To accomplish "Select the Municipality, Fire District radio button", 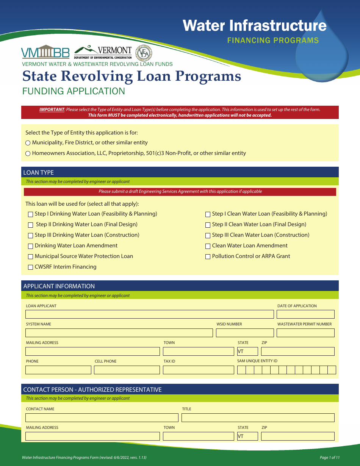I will [x=28, y=143].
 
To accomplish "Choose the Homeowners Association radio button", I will [x=28, y=153].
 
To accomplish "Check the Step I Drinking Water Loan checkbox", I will [x=31, y=214].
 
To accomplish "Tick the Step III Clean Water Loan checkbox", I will [x=208, y=235].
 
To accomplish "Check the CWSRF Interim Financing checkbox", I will [x=31, y=267].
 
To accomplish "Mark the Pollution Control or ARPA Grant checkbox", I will [x=208, y=256].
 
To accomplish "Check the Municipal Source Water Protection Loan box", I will [x=31, y=256].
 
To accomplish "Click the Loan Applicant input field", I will [x=149, y=314].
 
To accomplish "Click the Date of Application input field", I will [x=305, y=314].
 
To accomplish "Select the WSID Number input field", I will [x=244, y=333].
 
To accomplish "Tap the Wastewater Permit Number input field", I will [x=305, y=333].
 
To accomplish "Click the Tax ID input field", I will [x=198, y=370].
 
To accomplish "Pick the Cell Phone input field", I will [x=127, y=370].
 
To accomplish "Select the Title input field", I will [x=258, y=418].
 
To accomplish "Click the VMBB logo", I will [x=45, y=52].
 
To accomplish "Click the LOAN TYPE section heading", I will [x=39, y=172].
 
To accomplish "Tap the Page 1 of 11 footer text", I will [x=329, y=458].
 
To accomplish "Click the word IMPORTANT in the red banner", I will [x=52, y=109].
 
